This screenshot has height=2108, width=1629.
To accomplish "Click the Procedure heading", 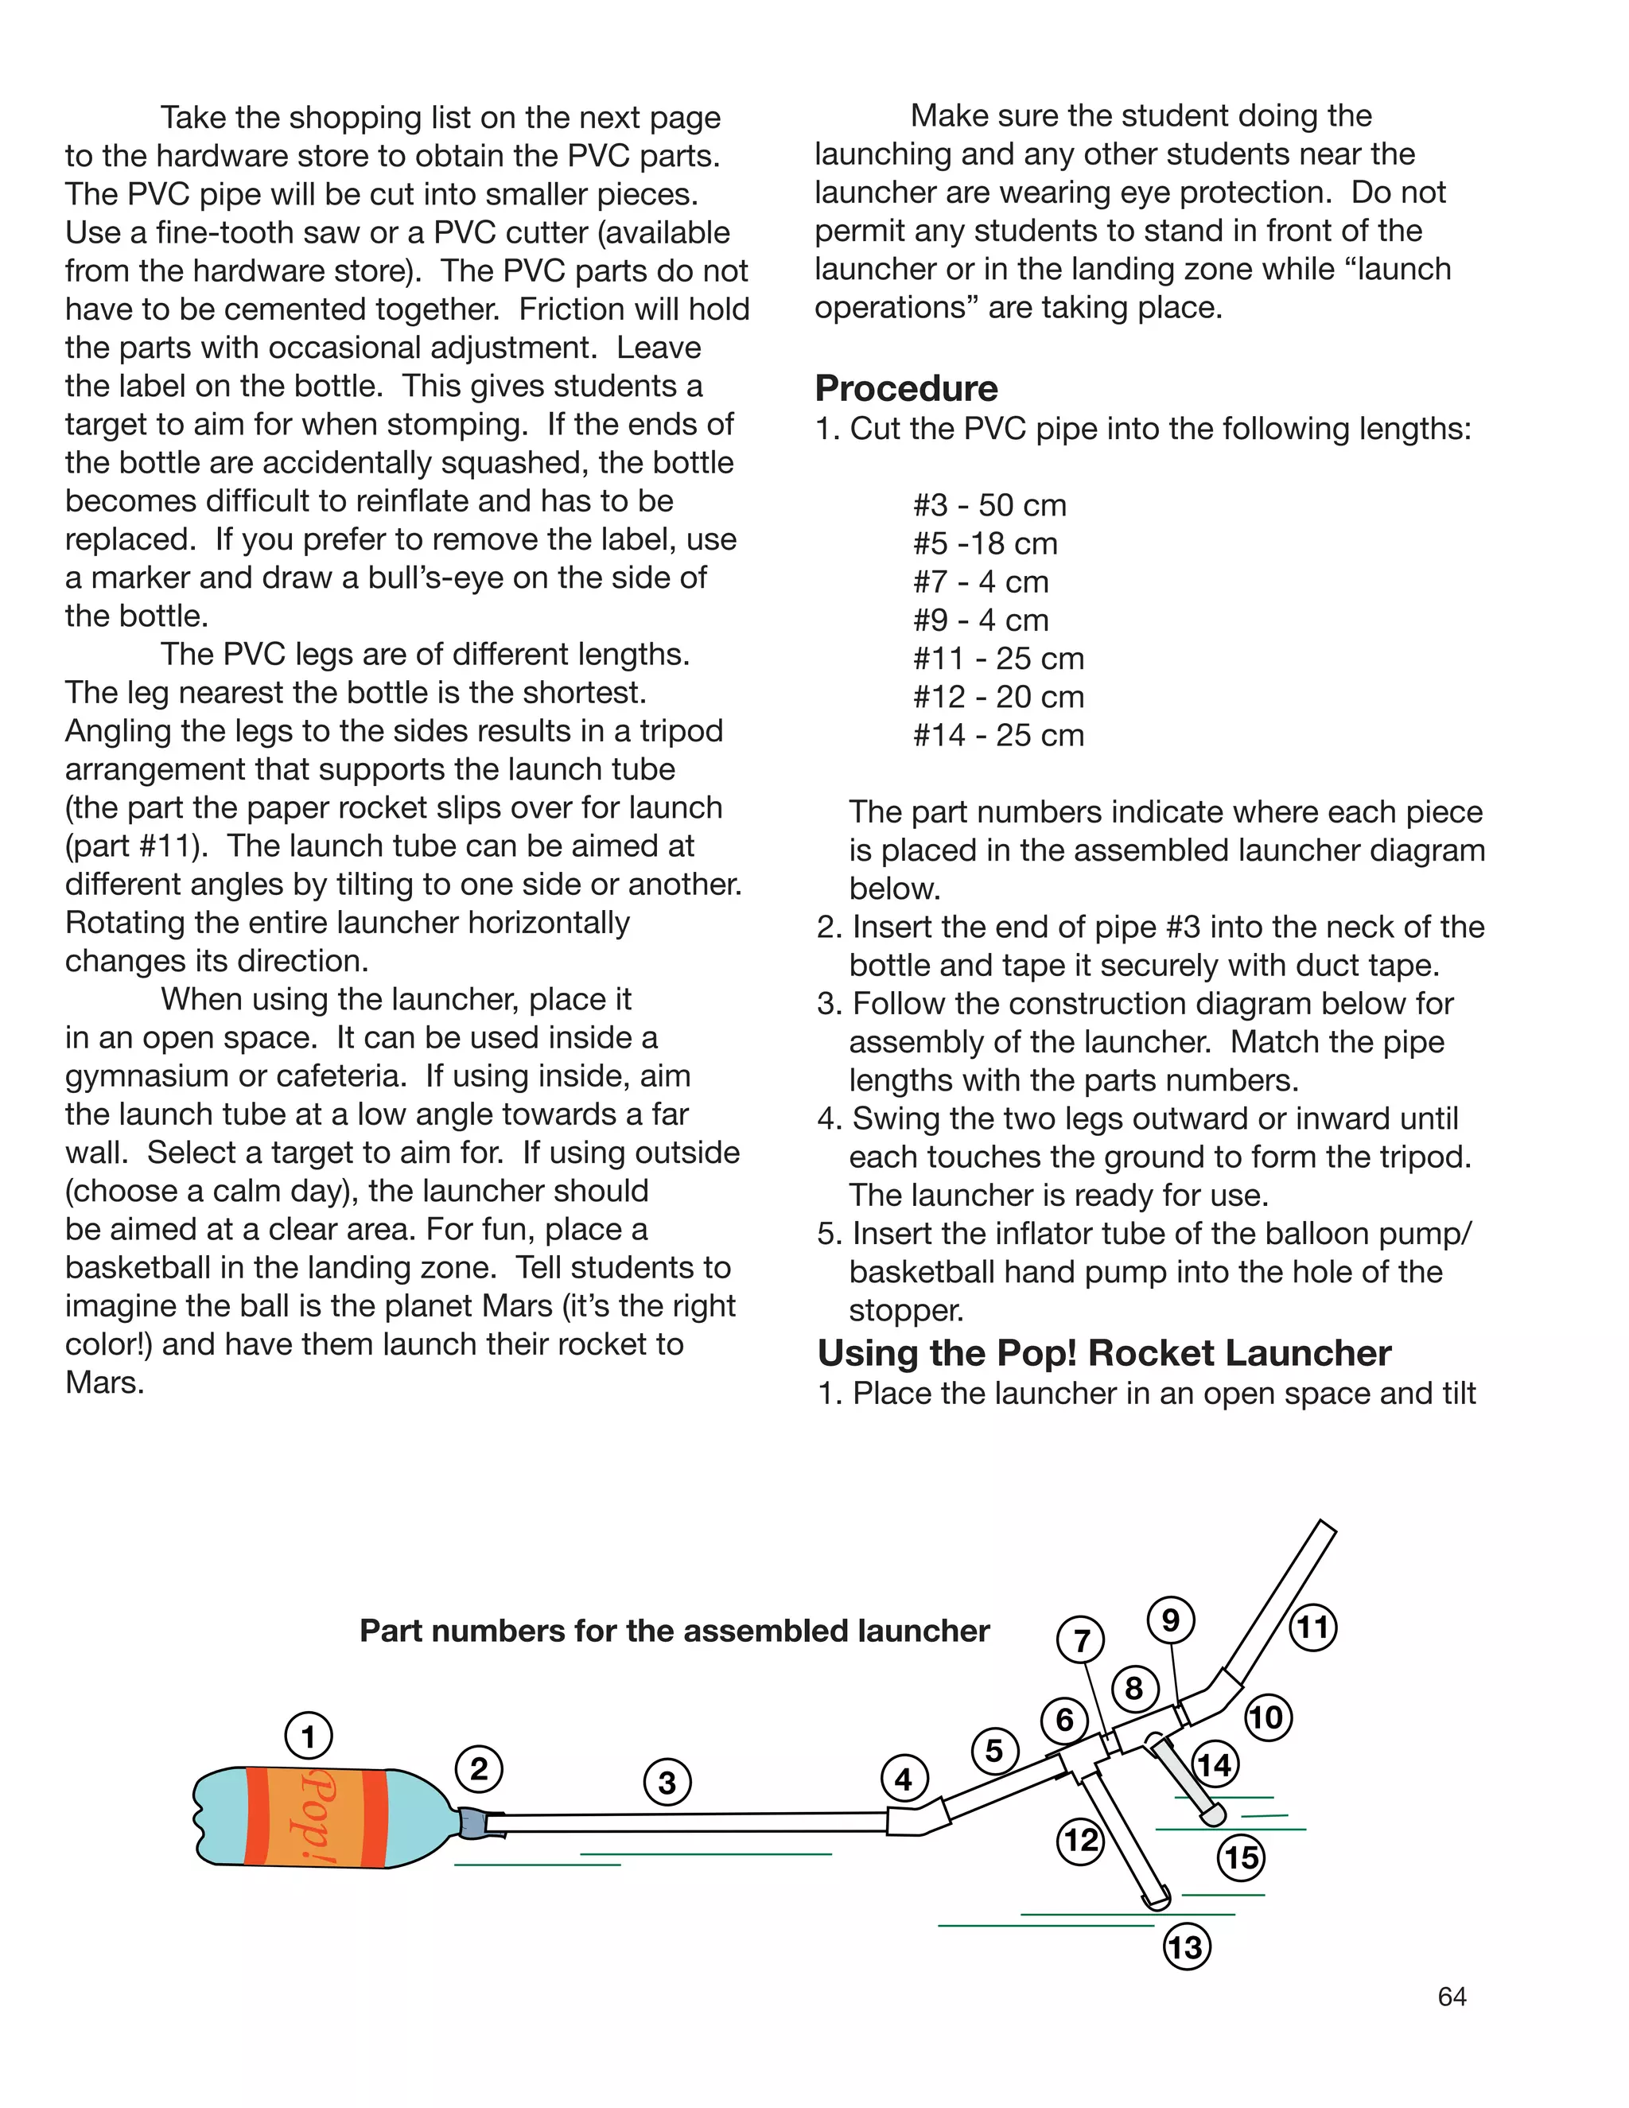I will point(905,388).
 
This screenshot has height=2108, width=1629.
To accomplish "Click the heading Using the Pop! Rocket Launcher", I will point(1103,1353).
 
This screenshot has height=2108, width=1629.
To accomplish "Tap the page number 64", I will point(1452,1996).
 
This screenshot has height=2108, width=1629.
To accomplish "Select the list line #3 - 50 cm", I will point(989,505).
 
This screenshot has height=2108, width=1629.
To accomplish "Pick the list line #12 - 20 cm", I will point(998,696).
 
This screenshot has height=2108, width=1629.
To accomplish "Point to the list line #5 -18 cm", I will point(985,543).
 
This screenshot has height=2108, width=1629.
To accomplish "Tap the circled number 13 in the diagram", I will point(1186,1947).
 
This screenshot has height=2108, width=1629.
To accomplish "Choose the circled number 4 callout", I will point(904,1779).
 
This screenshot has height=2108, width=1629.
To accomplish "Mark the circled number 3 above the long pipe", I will point(667,1782).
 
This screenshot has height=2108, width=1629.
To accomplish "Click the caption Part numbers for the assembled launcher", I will point(674,1630).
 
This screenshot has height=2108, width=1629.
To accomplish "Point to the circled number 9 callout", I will point(1171,1620).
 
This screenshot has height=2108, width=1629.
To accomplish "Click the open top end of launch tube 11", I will point(1327,1527).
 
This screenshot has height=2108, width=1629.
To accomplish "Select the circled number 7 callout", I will point(1081,1640).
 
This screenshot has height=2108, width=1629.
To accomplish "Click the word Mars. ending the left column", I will point(104,1383).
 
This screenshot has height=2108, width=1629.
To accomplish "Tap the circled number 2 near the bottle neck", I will point(479,1769).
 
